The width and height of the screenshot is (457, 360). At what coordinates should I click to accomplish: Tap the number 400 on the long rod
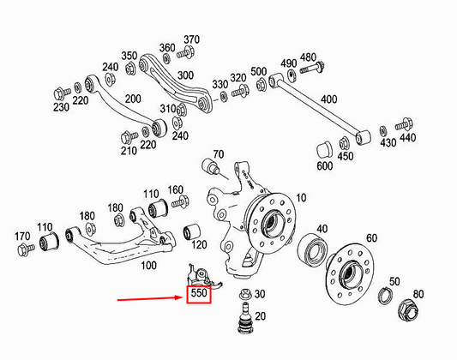click(328, 99)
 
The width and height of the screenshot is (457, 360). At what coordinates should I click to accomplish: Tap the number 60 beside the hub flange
click(371, 237)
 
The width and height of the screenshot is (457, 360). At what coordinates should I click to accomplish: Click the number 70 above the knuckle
click(218, 154)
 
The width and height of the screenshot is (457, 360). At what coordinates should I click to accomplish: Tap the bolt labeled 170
click(26, 249)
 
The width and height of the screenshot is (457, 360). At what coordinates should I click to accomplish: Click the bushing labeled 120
click(194, 231)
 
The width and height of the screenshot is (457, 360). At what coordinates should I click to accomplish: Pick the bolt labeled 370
click(183, 57)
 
